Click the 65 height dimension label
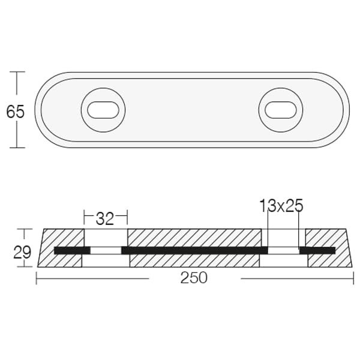point(15,112)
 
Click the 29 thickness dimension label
point(22,252)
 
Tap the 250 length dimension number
point(194,278)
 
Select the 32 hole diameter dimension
point(105,219)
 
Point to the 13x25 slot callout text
point(281,205)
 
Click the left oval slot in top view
point(103,110)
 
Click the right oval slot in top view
point(281,110)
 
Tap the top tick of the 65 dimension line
point(17,72)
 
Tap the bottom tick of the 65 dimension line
point(17,148)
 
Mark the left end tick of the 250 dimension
point(37,278)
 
